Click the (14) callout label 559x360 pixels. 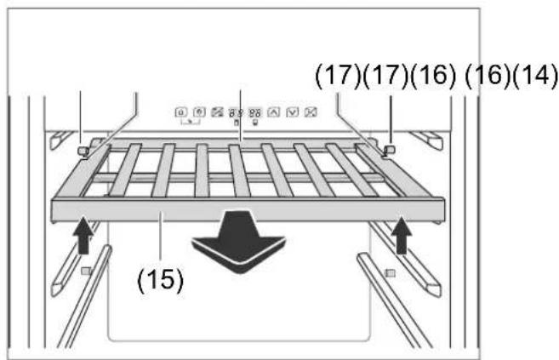click(x=535, y=76)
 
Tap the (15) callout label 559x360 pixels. click(x=161, y=280)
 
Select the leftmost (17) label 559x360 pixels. click(x=338, y=76)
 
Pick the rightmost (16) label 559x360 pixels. click(x=488, y=76)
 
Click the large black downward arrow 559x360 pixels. click(x=239, y=242)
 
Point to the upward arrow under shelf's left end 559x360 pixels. click(x=83, y=235)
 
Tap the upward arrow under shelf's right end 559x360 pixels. click(x=402, y=235)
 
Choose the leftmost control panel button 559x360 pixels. click(x=181, y=112)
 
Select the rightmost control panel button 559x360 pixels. click(x=311, y=112)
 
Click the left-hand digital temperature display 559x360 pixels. click(x=236, y=113)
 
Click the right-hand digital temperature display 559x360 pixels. click(x=255, y=113)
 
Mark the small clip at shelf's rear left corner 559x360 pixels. click(x=83, y=151)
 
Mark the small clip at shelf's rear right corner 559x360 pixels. click(x=390, y=150)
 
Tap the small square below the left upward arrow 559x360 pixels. click(x=86, y=271)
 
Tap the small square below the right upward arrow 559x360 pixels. click(x=391, y=273)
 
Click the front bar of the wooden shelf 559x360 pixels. click(x=248, y=209)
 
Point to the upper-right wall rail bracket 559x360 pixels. click(x=427, y=140)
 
